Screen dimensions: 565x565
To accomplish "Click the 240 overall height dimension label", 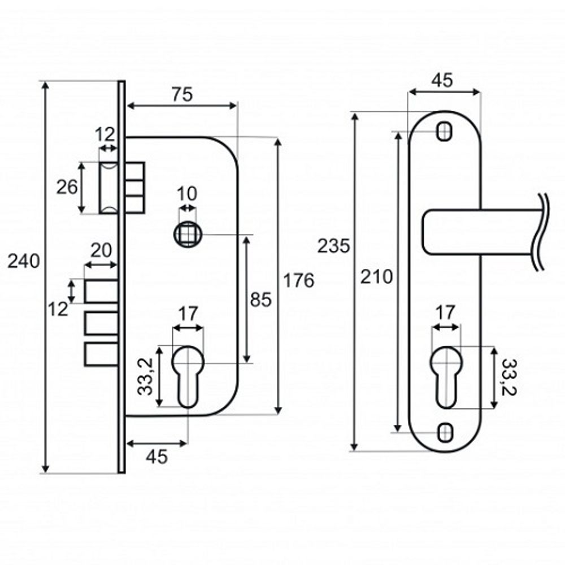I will [x=24, y=262].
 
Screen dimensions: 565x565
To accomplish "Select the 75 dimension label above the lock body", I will [x=182, y=95].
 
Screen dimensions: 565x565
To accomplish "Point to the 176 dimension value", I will [x=298, y=280].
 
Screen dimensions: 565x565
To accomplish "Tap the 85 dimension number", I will [x=261, y=299].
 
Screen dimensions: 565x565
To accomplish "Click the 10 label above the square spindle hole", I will [x=188, y=194].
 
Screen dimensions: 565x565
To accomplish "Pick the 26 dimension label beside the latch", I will [x=67, y=187].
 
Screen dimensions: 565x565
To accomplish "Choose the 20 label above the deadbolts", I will [x=101, y=250].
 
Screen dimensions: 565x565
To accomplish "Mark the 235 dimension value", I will [x=334, y=246].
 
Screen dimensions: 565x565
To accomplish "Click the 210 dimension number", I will [x=376, y=276].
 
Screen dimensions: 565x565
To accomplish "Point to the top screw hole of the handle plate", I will [x=445, y=131].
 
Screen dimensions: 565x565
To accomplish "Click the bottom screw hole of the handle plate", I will [x=445, y=432].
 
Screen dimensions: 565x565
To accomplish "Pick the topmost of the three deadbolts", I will [x=102, y=291].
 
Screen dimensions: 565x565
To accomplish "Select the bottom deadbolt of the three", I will [x=102, y=354].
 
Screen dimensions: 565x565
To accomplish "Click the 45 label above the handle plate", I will [x=442, y=81].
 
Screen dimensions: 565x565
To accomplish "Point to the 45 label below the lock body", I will [x=157, y=457].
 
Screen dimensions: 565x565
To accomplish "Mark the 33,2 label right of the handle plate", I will [x=510, y=377].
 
